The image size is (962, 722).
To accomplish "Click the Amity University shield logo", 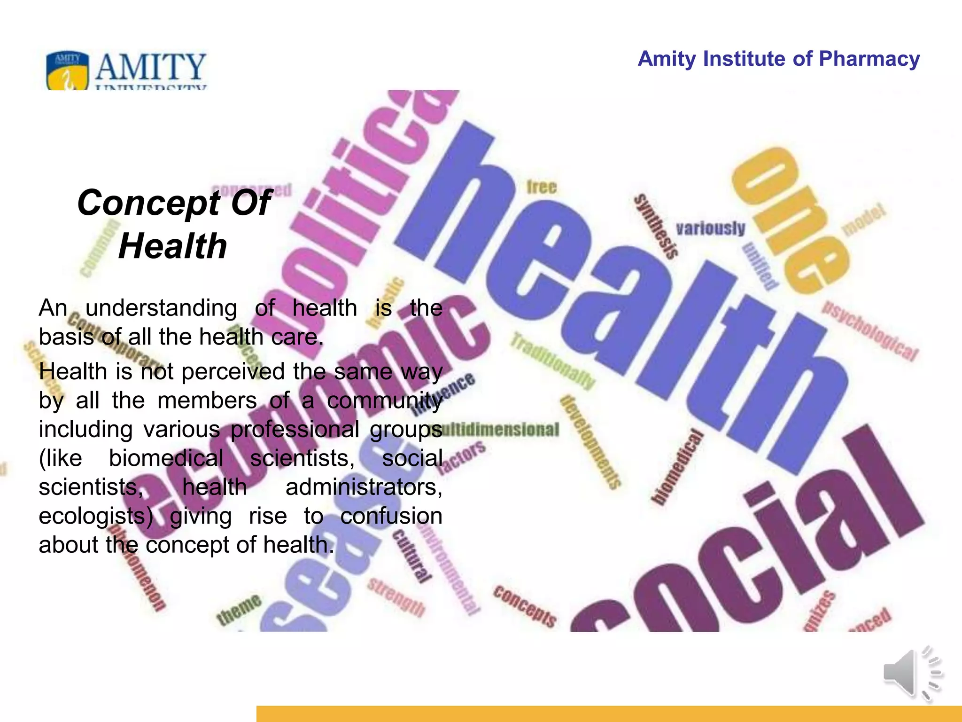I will pos(67,71).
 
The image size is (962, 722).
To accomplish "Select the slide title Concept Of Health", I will pos(174,224).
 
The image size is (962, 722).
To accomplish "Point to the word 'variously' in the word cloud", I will pos(710,228).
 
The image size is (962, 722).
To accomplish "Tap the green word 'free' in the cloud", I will pos(541,187).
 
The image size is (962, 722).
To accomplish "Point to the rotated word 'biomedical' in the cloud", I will pos(676,468).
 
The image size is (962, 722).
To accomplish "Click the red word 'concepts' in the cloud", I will pos(525,606).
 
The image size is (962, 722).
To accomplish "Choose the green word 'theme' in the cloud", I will pos(239,610).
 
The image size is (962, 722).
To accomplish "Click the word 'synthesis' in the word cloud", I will pos(656,226).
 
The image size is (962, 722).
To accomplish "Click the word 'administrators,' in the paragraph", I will pos(364,487).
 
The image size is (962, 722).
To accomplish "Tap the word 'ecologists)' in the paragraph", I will pos(96,516).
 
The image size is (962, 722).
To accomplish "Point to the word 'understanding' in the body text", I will pos(161,308).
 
